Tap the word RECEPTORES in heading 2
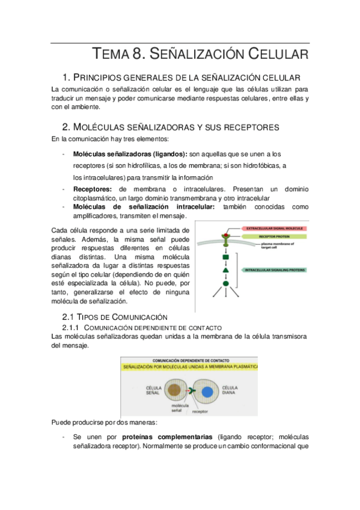coord(247,127)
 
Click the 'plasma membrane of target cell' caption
coord(251,246)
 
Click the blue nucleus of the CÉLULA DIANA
coord(207,392)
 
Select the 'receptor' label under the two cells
coord(200,412)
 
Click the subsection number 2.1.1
coord(72,327)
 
